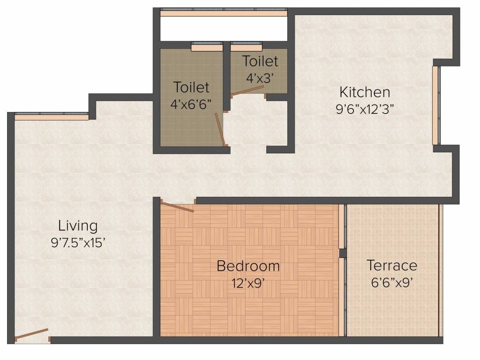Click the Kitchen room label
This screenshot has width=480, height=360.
click(x=365, y=92)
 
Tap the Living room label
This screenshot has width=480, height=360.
click(x=78, y=226)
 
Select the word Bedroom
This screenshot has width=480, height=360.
click(x=248, y=266)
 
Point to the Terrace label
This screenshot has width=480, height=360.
click(x=392, y=265)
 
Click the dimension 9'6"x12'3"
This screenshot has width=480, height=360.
click(x=365, y=109)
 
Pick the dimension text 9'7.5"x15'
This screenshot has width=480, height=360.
click(x=78, y=243)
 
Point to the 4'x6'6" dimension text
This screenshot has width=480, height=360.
click(x=191, y=105)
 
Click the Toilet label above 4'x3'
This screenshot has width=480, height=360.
click(x=260, y=61)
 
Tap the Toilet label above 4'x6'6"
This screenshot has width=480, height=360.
click(x=191, y=87)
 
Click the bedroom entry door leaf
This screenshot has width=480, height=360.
click(x=177, y=207)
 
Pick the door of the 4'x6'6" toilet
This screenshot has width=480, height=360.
click(x=220, y=129)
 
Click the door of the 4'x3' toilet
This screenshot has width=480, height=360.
click(x=247, y=90)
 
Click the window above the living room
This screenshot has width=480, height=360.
click(x=52, y=116)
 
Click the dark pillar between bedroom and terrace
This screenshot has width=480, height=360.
click(x=343, y=253)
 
